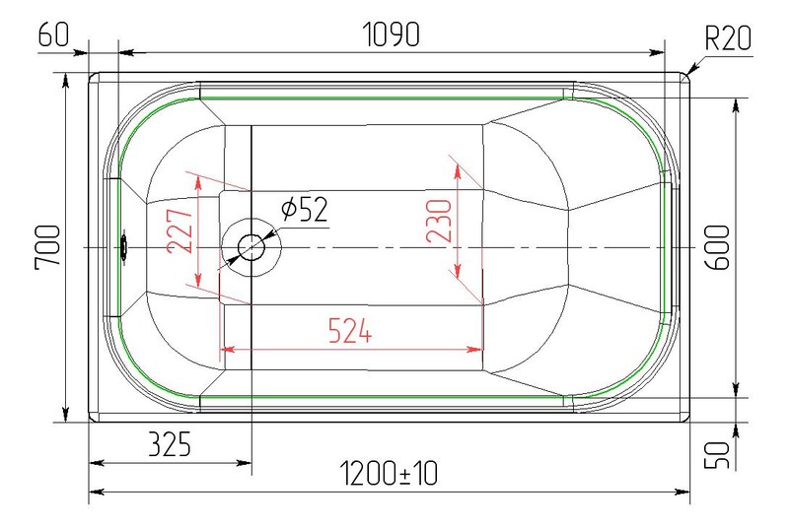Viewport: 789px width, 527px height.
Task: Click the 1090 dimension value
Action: (391, 34)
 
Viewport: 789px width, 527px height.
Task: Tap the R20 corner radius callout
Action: (728, 37)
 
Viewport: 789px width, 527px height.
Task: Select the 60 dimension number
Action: (53, 34)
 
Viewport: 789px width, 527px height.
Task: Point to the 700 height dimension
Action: (47, 247)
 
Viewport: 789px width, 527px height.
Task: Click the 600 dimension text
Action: (717, 247)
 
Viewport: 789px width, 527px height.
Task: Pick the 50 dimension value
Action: (717, 455)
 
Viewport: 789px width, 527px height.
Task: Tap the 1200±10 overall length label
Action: (389, 474)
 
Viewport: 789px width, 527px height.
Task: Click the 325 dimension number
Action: (170, 444)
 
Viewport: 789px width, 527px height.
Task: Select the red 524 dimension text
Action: (350, 331)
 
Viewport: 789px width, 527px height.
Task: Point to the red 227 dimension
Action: (179, 231)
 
